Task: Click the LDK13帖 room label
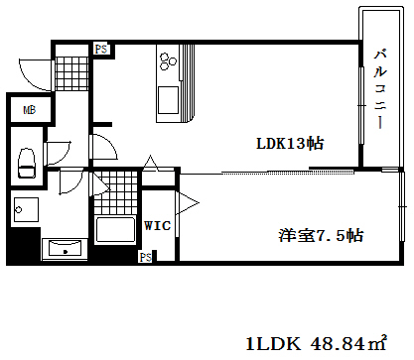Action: (288, 143)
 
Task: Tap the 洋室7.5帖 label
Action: (320, 236)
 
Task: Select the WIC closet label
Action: (158, 226)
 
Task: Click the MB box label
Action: (29, 110)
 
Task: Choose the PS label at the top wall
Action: (100, 48)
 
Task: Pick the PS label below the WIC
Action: (145, 258)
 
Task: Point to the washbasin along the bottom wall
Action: (65, 248)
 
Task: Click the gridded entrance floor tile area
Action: (71, 72)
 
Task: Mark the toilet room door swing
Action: (57, 153)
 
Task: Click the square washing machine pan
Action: (25, 209)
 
